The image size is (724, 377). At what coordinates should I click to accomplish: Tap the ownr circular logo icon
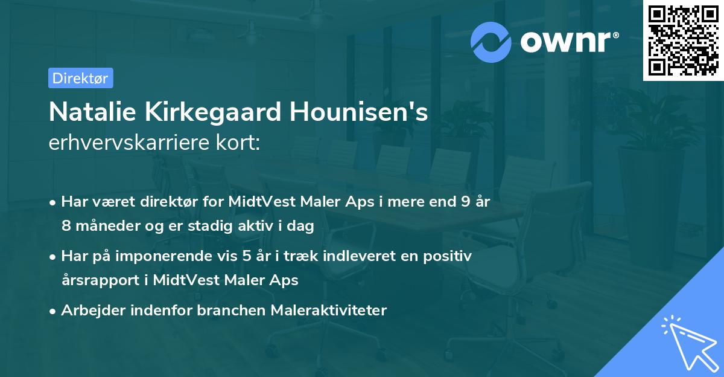[491, 42]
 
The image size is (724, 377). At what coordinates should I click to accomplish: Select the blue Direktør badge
[80, 78]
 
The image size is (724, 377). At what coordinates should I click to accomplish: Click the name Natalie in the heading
[89, 112]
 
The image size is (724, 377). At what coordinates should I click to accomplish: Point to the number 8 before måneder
[65, 225]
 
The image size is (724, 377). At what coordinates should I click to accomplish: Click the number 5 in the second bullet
[247, 256]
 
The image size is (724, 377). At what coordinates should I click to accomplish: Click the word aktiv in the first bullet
[268, 225]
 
